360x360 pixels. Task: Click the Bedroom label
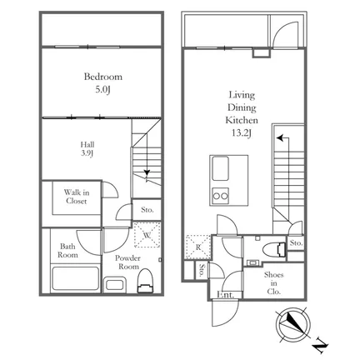point(103,77)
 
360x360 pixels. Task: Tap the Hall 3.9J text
point(87,149)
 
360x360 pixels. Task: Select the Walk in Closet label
point(77,197)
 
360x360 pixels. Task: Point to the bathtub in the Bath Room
point(75,279)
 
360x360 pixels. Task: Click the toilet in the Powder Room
point(146,281)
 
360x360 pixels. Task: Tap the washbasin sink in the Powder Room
point(115,285)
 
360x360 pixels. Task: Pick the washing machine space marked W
point(147,235)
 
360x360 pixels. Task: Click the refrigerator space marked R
point(198,247)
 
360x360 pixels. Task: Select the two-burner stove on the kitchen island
point(221,196)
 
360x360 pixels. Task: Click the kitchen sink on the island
point(220,168)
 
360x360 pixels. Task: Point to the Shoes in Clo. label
point(274,283)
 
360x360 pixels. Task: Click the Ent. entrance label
point(225,294)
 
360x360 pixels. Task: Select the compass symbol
point(293,325)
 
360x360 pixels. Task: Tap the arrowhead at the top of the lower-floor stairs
point(280,137)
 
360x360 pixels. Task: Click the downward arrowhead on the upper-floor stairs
point(147,172)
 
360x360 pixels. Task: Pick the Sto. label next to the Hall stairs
point(147,210)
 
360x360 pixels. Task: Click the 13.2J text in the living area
point(242,133)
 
